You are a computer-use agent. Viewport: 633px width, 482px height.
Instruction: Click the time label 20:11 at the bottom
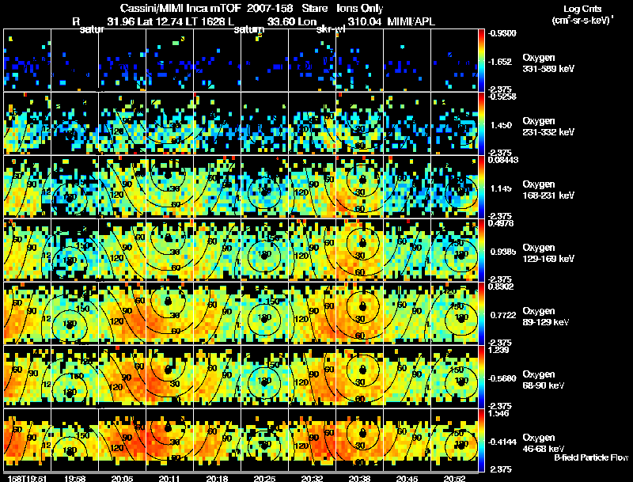[169, 478]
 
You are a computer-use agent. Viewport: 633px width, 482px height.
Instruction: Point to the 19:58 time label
[74, 478]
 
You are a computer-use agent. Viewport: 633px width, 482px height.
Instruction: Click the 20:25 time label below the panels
[264, 478]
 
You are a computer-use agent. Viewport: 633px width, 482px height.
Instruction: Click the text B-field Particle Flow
[590, 457]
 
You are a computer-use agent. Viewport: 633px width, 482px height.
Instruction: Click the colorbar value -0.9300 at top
[504, 33]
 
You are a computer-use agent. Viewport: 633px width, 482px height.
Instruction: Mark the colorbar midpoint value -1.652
[503, 61]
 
